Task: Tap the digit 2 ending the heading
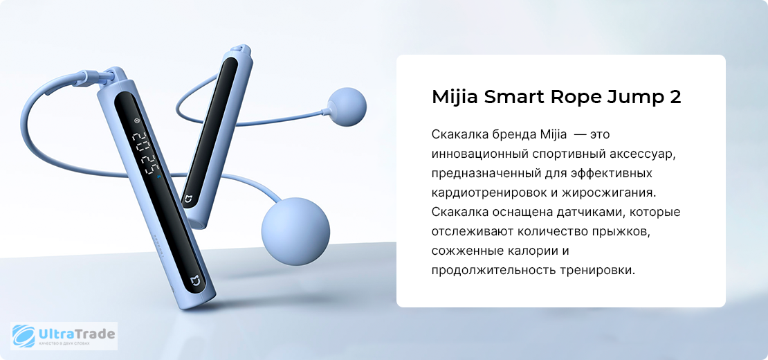point(675,97)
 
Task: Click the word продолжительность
point(492,271)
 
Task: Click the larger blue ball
point(296,224)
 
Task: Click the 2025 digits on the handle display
point(145,153)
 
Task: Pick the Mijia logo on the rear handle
point(188,199)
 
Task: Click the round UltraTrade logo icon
point(24,336)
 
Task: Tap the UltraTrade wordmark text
point(76,334)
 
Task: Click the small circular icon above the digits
point(137,120)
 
